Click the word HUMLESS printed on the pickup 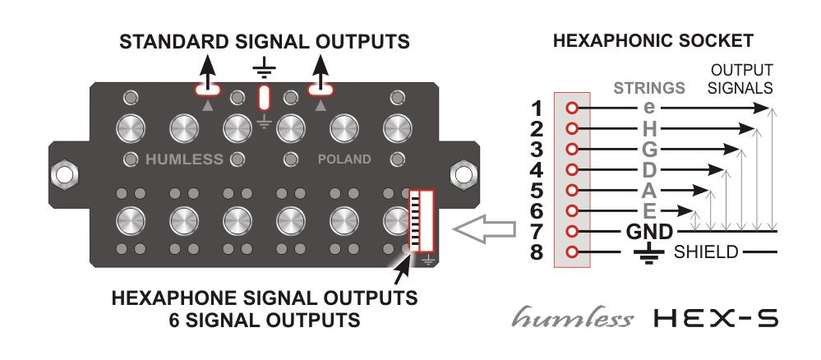pos(184,159)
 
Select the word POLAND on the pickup pos(346,159)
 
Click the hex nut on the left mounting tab pos(62,174)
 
